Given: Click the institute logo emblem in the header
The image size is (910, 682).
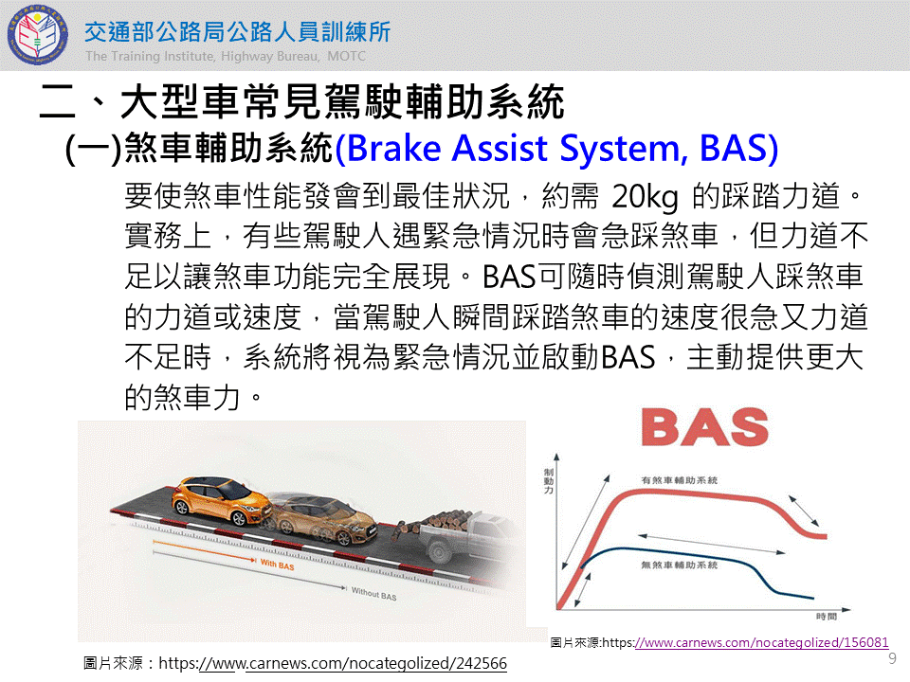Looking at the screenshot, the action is coord(37,35).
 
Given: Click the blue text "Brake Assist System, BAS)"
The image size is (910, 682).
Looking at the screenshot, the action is coord(556,149).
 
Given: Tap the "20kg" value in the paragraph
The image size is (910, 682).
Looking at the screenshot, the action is coord(645,197).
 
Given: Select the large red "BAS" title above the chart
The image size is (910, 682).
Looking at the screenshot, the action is coord(704,427).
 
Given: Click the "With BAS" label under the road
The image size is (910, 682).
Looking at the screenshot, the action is coord(278,565).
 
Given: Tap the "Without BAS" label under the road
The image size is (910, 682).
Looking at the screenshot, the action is coord(373,593).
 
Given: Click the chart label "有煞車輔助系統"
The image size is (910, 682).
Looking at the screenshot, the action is coord(679,480).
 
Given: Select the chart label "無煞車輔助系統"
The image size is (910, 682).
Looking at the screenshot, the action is coord(679,565).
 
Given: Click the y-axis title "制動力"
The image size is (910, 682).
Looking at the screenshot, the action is coord(549,481).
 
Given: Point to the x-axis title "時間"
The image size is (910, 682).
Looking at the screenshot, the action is coord(826,617).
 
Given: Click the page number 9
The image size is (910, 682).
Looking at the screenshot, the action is coord(893,658).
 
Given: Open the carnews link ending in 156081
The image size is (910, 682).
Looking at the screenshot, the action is coord(762,642).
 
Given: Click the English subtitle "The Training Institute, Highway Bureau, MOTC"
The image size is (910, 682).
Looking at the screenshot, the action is coord(226,56).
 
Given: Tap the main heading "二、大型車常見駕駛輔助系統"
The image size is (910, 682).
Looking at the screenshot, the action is coord(301,102).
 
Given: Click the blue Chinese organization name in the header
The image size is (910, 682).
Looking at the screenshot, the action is coord(237,32).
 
